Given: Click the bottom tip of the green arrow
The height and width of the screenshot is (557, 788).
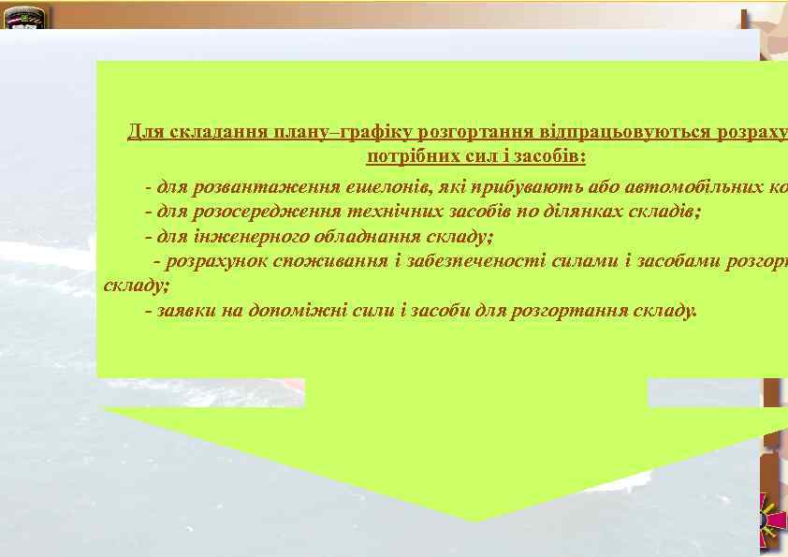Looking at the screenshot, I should coord(477,519).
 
